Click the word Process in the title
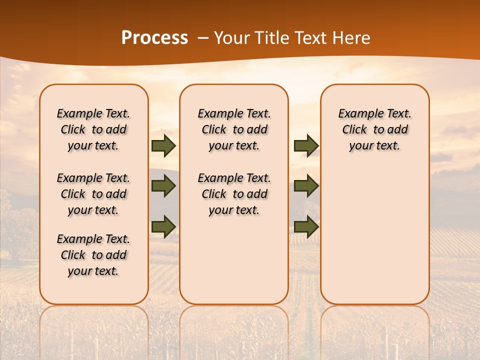[x=154, y=37]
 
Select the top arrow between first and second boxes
[x=163, y=146]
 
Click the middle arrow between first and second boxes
[x=163, y=186]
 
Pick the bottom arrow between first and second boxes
[x=163, y=226]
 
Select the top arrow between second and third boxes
[x=306, y=145]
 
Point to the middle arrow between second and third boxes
[x=306, y=186]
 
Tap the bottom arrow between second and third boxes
[x=306, y=226]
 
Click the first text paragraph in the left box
[x=93, y=129]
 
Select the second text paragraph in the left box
[x=93, y=194]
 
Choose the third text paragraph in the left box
[x=93, y=255]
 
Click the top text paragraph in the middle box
[x=234, y=129]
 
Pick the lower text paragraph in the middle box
[x=234, y=194]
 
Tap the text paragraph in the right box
[x=375, y=129]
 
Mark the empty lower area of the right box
[x=375, y=230]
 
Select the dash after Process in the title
[x=202, y=37]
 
